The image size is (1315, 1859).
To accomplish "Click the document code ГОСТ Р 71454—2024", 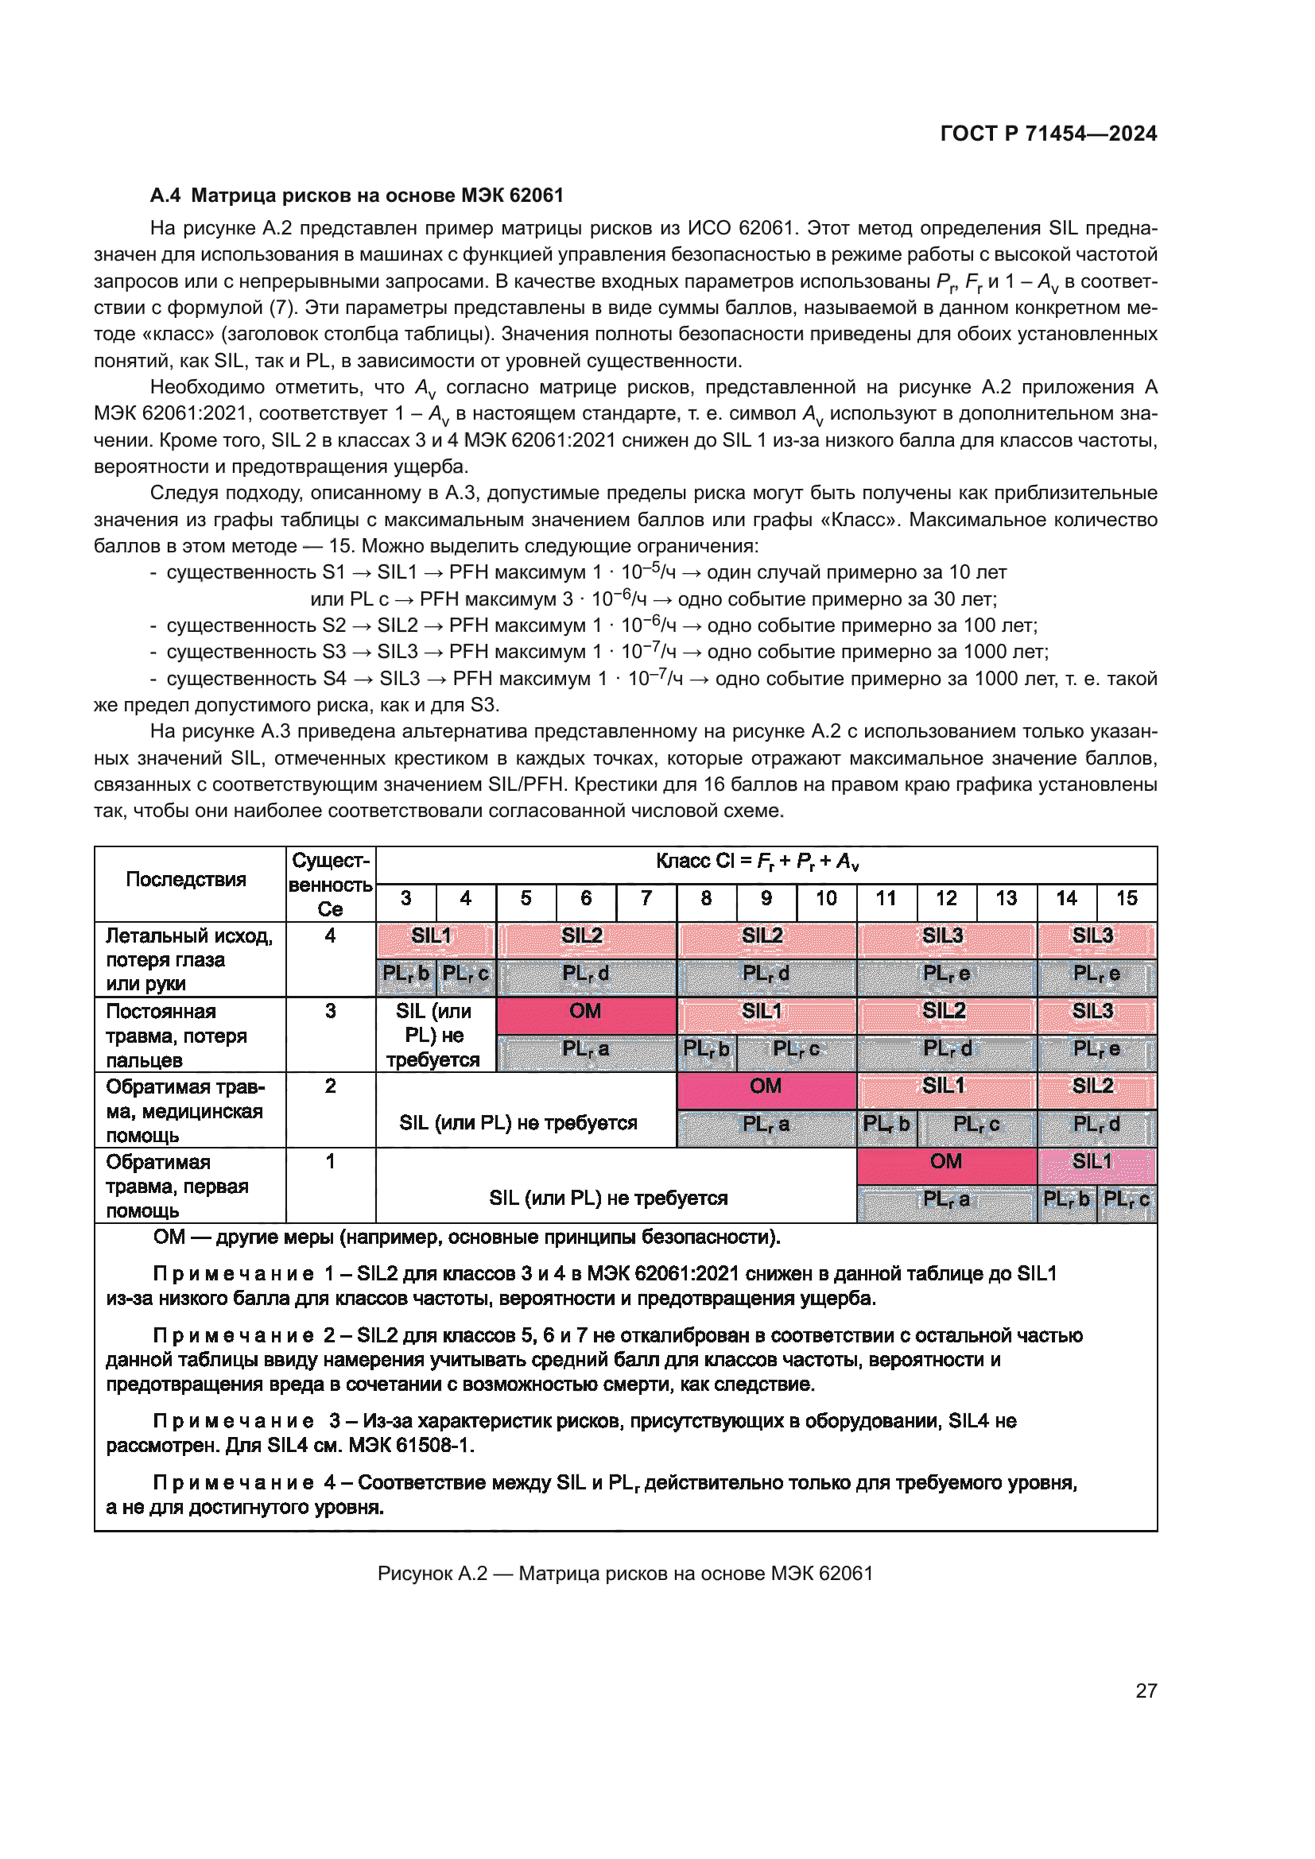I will click(x=1048, y=134).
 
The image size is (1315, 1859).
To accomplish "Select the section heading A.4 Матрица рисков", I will click(x=356, y=196).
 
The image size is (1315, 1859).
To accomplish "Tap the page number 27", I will click(x=1146, y=1691).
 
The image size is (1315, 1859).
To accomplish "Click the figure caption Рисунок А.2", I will click(x=625, y=1573).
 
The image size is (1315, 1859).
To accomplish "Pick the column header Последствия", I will click(x=186, y=879).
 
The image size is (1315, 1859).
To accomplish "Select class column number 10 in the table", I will click(x=826, y=898).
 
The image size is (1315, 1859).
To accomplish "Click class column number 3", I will click(x=405, y=898).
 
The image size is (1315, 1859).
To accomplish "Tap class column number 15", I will click(x=1127, y=898).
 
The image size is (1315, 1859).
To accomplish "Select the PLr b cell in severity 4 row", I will click(x=405, y=974).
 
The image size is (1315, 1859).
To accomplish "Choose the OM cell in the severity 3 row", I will click(x=585, y=1011).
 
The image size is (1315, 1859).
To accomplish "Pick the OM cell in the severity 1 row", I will click(x=946, y=1162).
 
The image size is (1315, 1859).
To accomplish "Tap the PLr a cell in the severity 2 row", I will click(x=766, y=1124).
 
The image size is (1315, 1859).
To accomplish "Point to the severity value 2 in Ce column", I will click(x=331, y=1086).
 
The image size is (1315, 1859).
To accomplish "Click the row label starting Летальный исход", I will click(x=188, y=936).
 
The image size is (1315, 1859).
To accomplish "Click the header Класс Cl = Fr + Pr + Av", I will click(x=758, y=862).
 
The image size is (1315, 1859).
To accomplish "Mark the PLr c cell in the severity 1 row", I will click(x=1127, y=1199).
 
